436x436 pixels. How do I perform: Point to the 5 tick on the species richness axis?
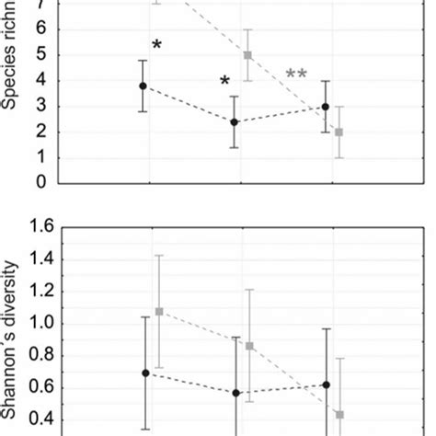40,56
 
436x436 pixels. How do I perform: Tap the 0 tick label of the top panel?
40,182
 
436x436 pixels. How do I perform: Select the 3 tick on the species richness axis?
40,107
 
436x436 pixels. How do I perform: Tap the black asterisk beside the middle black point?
224,83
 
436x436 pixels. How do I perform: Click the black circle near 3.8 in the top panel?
143,86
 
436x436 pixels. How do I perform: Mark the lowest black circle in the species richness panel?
235,121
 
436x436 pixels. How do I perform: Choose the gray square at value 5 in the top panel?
247,55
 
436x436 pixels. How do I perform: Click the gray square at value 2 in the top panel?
339,132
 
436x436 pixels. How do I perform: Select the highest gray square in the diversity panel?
159,311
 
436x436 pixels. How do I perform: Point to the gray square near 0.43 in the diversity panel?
339,415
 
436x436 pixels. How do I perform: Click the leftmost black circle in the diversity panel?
145,373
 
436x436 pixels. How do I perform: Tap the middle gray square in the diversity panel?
249,346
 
